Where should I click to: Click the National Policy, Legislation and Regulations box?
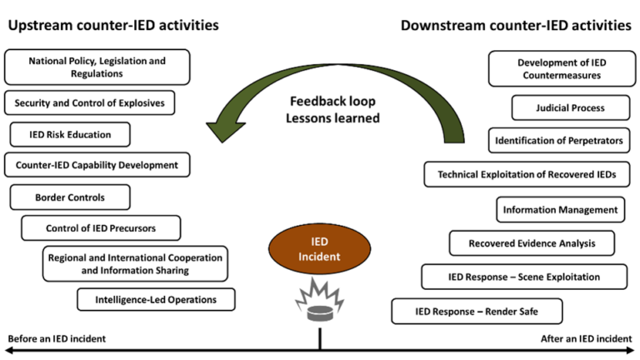coord(97,67)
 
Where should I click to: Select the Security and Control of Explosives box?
coord(90,103)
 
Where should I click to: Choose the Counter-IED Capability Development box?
coord(97,165)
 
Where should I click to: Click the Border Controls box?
coord(70,197)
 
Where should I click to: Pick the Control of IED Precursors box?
coord(101,227)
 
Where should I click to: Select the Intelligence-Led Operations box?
coord(156,299)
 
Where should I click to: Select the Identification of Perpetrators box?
coord(559,141)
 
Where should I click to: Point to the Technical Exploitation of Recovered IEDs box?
coord(526,174)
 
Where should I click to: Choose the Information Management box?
coord(560,210)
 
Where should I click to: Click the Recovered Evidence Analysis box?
coord(532,243)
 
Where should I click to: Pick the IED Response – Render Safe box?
coord(477,312)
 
